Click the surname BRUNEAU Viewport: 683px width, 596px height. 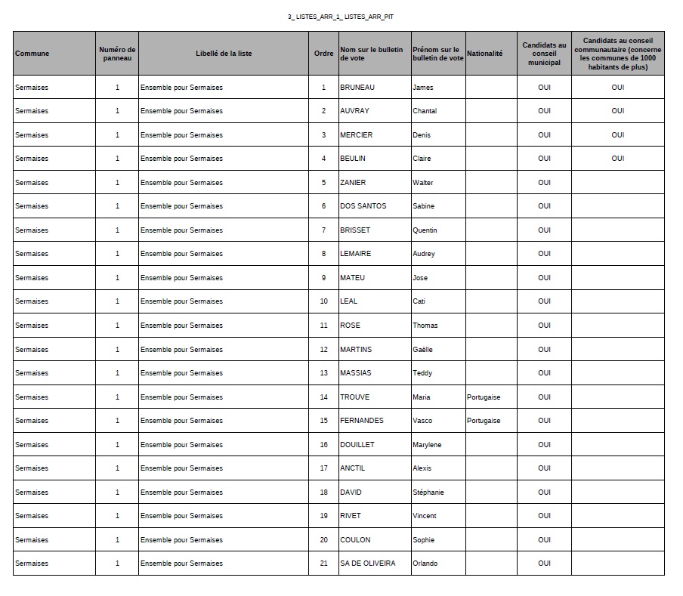357,88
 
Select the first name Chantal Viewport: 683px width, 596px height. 425,111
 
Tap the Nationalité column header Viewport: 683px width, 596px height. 485,54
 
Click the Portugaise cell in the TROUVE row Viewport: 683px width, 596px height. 484,397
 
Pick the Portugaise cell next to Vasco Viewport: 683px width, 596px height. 484,421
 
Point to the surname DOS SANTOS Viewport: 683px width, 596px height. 363,206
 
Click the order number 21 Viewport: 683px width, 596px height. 323,564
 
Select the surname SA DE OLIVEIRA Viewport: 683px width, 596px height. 367,564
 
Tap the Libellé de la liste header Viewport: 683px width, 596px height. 224,54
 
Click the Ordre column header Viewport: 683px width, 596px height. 323,54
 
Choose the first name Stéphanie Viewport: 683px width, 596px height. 428,493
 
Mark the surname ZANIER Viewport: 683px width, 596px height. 353,183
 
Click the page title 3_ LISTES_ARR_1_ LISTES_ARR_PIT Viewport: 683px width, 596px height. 341,16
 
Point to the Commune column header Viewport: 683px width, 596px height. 32,54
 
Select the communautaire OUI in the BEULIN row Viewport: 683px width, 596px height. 618,159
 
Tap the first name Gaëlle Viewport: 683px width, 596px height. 424,350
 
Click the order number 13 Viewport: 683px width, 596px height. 323,373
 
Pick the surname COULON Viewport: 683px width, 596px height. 355,540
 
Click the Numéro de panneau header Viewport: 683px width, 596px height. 117,54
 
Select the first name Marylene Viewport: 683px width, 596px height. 427,445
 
